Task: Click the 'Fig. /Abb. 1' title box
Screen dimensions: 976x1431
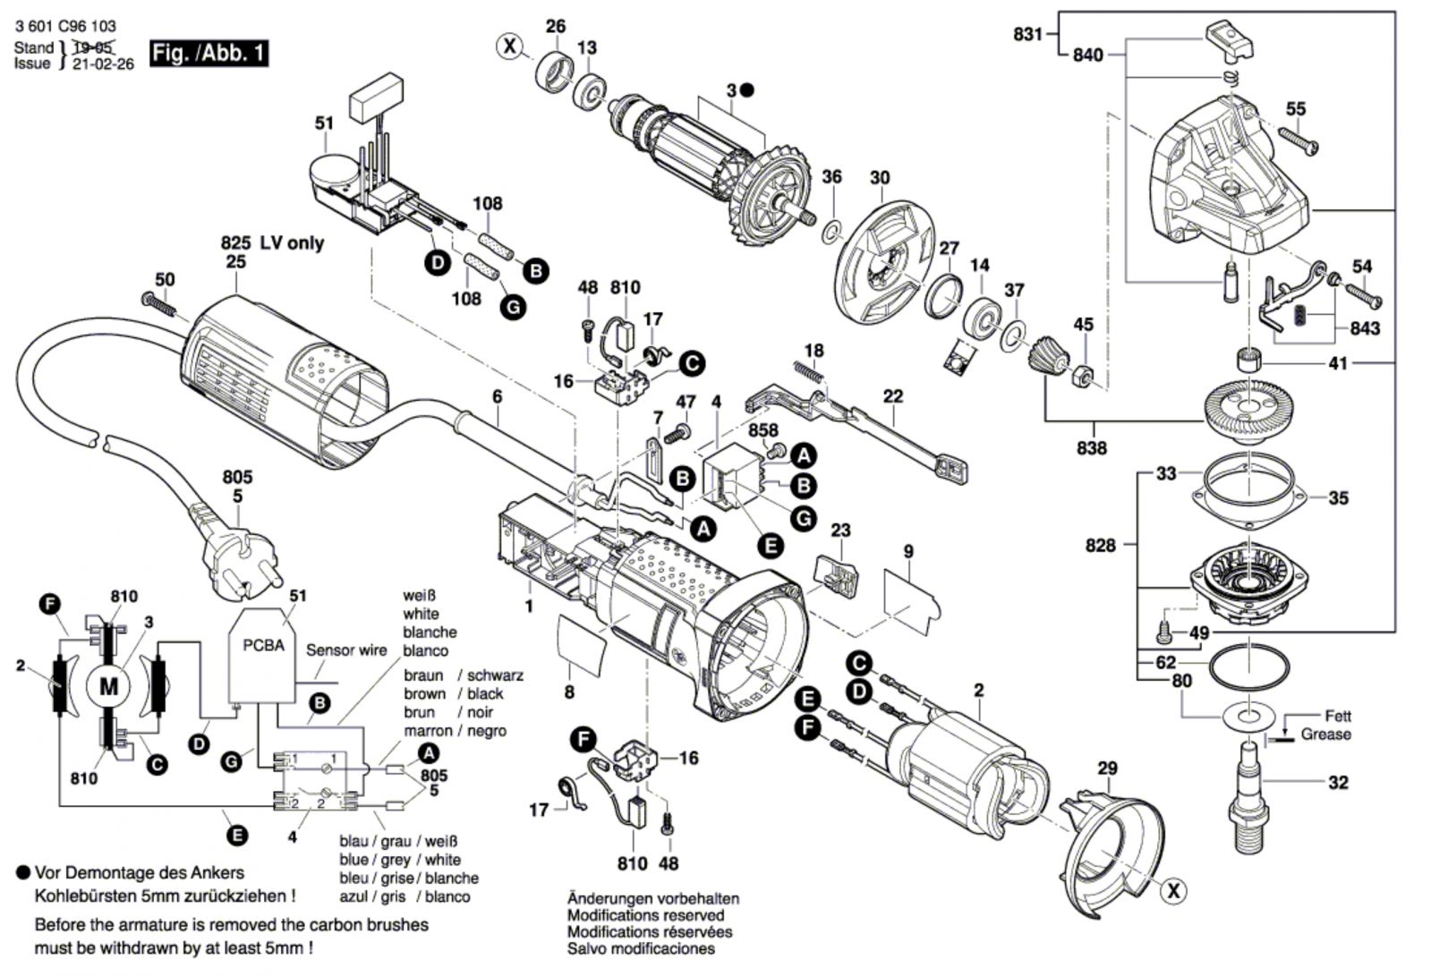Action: [x=209, y=53]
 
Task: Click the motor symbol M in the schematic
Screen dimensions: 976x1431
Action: [x=108, y=687]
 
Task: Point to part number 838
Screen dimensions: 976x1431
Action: [x=1091, y=447]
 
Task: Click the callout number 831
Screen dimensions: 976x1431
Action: [x=1027, y=34]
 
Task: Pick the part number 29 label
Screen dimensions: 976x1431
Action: [x=1107, y=768]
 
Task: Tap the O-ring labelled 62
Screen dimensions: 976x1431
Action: [x=1248, y=666]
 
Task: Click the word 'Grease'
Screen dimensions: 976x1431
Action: [x=1325, y=734]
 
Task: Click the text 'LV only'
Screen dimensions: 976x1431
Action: [x=292, y=243]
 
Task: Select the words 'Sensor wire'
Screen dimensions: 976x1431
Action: [x=346, y=650]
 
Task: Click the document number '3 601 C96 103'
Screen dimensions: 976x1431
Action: [x=65, y=27]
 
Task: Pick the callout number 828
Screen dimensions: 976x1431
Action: [x=1100, y=545]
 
